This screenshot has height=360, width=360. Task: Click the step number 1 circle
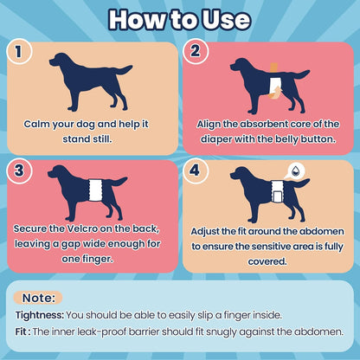tap(19, 51)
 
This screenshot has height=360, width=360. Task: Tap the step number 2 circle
tap(196, 51)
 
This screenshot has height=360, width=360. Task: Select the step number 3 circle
tap(19, 170)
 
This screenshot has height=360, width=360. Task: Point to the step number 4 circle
tap(196, 170)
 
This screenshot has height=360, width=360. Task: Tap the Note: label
tap(38, 298)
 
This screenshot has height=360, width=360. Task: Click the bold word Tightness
tap(40, 315)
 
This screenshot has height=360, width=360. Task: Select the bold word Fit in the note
tap(21, 331)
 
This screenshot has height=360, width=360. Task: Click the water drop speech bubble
tap(293, 171)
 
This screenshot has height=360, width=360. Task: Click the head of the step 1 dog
tap(60, 61)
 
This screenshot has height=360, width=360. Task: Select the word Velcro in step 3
tap(82, 228)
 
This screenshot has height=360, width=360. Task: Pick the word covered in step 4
tap(267, 261)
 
